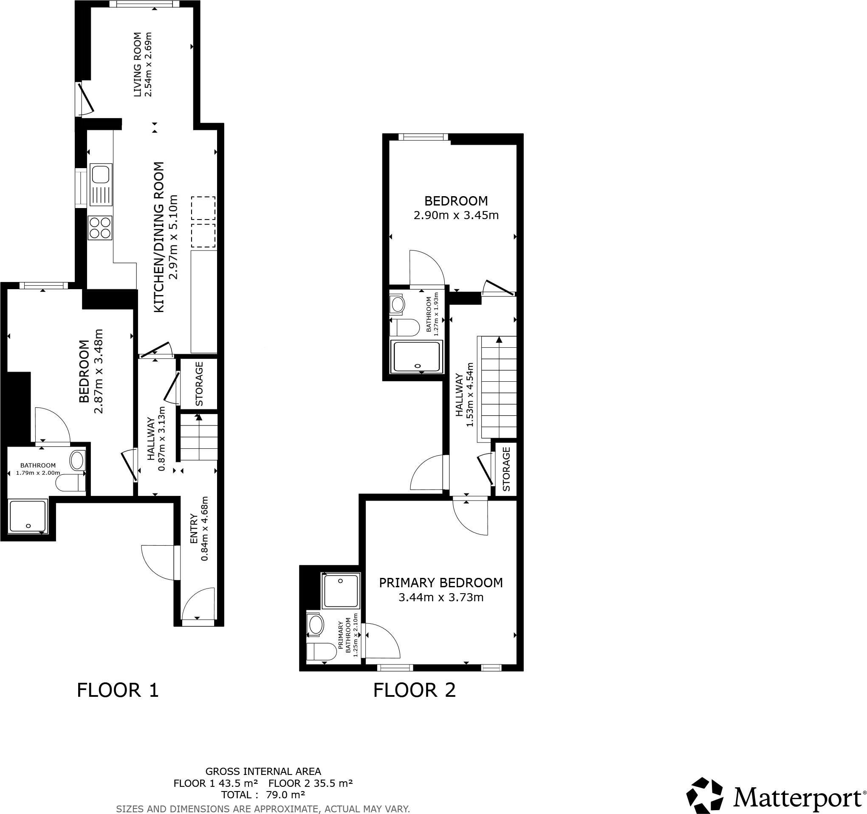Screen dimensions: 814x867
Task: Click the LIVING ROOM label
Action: (137, 65)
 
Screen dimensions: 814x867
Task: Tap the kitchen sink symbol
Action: (101, 184)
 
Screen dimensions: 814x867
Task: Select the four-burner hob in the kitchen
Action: (100, 228)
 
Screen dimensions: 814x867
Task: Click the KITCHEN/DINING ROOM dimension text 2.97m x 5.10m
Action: (174, 237)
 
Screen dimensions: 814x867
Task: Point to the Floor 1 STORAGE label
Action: (199, 384)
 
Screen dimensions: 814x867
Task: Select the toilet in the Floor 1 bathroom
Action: (70, 483)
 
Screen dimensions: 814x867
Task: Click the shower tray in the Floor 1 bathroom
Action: (28, 516)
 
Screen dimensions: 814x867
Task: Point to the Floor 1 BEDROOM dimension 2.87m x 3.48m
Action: (99, 371)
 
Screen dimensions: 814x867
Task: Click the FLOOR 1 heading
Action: (118, 690)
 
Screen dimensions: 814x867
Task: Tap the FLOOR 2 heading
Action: (414, 690)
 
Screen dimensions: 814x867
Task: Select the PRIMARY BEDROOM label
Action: (441, 583)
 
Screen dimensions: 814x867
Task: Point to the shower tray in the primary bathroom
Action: (341, 591)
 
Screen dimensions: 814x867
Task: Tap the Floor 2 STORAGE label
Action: (506, 469)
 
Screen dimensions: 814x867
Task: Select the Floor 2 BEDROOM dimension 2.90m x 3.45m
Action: (456, 215)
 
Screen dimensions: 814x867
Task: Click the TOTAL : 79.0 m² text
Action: (263, 795)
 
